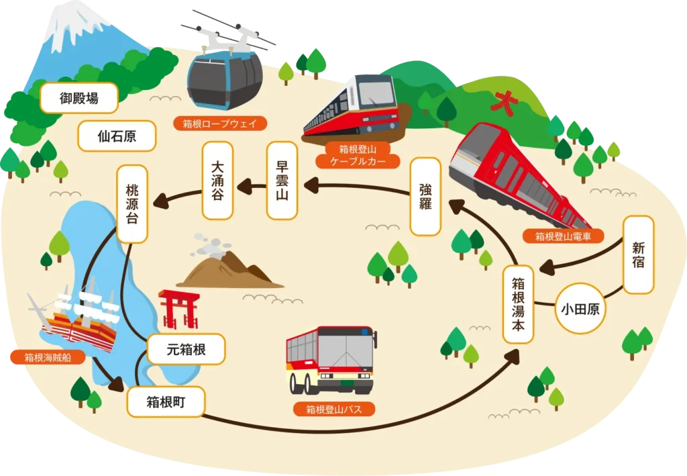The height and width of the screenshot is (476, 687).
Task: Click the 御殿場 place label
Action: tap(79, 98)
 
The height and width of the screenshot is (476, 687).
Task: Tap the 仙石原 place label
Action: tap(117, 136)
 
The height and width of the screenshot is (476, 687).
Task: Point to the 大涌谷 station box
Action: tap(217, 181)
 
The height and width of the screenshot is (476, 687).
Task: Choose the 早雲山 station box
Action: tap(282, 181)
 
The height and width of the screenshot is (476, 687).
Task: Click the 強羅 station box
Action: tap(425, 196)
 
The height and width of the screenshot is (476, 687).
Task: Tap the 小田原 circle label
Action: tap(579, 310)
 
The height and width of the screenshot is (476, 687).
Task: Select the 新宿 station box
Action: tap(638, 254)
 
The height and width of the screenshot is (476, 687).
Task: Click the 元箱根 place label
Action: tap(185, 349)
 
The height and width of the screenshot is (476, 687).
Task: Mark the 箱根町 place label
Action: tap(165, 402)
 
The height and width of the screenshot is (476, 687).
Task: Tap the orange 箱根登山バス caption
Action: tap(329, 408)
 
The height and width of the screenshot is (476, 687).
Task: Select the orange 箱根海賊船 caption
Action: tap(48, 356)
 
